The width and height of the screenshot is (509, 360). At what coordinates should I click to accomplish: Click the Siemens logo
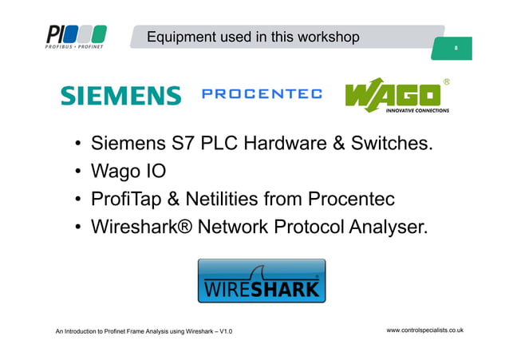121,96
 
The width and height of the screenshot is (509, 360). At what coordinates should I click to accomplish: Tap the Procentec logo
262,95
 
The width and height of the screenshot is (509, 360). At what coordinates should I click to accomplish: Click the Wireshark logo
261,280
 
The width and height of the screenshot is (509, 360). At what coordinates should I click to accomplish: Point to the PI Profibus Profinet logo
76,37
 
